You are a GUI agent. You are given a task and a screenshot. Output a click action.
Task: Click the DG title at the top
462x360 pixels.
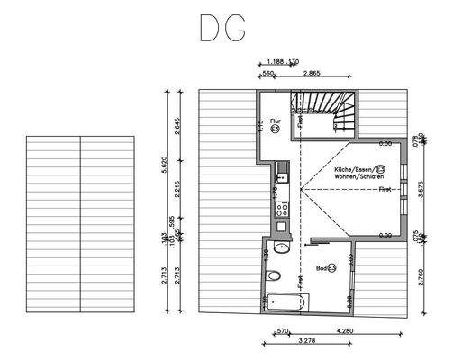(222, 30)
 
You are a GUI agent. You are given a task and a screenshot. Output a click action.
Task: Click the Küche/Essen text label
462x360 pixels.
(356, 169)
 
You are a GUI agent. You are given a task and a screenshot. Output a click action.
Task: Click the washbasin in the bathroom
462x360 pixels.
(281, 246)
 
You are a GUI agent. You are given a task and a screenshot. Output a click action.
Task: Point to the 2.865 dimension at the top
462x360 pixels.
(313, 72)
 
